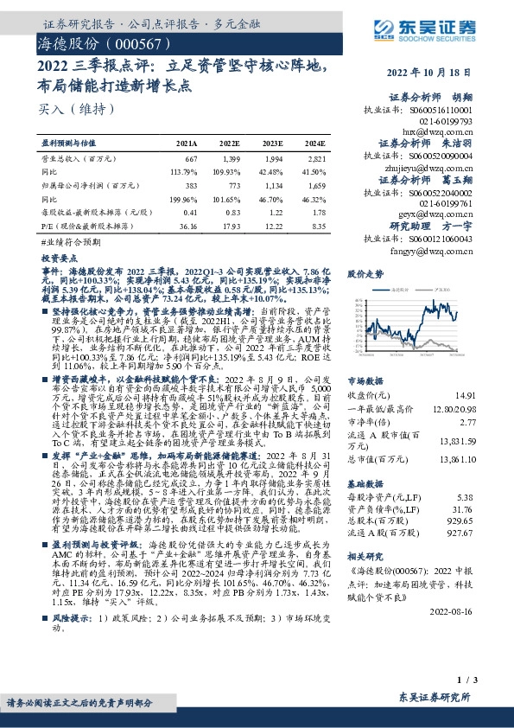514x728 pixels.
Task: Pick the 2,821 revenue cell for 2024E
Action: (316, 160)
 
